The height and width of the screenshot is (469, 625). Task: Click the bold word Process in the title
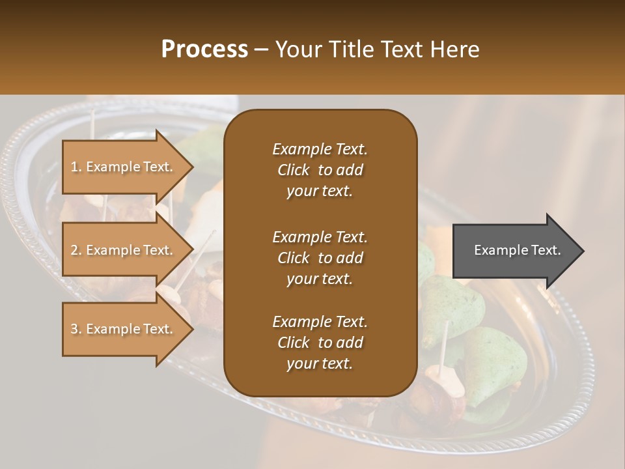[204, 49]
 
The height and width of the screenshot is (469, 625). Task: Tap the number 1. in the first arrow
[76, 167]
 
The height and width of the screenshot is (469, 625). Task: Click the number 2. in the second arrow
[76, 250]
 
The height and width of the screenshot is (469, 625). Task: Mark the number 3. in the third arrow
[76, 329]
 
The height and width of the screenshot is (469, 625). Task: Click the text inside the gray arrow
[518, 250]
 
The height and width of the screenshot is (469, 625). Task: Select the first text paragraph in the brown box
[320, 170]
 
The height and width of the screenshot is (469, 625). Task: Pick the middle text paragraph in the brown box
[320, 257]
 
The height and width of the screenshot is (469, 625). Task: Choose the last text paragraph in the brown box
[320, 343]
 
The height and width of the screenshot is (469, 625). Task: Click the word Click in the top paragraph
[294, 170]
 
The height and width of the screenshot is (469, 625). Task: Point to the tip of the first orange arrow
[192, 167]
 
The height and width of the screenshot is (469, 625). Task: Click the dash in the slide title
[261, 50]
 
